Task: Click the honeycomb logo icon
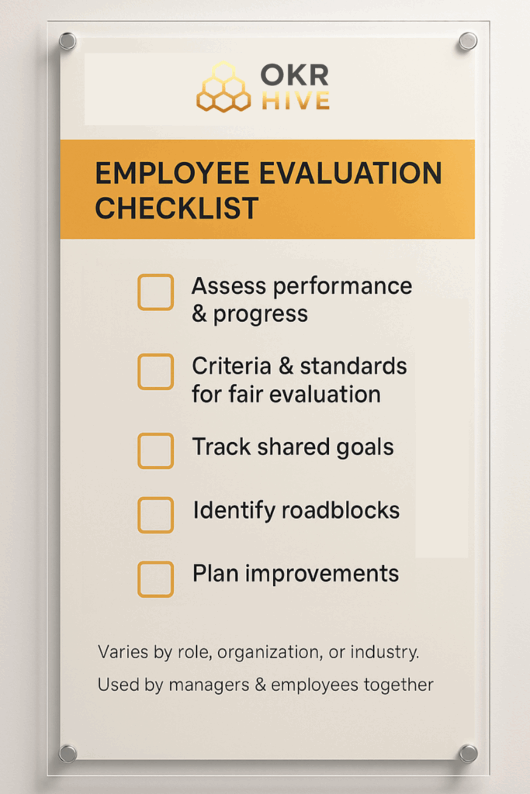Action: [223, 87]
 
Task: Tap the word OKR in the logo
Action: [294, 75]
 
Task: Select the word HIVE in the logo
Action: [295, 100]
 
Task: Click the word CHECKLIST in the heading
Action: [177, 208]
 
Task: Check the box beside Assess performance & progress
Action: [155, 292]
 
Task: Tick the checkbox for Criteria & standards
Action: [155, 371]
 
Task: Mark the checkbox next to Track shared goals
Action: [155, 451]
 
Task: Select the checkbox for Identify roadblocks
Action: [155, 515]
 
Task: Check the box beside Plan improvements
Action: [155, 578]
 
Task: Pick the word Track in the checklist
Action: [220, 447]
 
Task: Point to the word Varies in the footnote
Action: [123, 652]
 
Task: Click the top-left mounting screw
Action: [68, 41]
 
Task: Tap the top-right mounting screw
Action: [467, 40]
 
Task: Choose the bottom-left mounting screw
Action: [68, 753]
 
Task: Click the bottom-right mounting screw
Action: [468, 753]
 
